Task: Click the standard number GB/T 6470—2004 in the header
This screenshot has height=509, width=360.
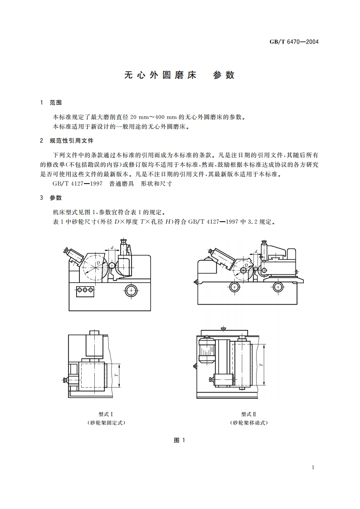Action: click(294, 42)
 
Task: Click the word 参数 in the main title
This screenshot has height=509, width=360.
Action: click(224, 75)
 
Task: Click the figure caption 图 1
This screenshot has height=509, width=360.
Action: click(180, 440)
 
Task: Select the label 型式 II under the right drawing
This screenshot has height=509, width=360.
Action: click(249, 414)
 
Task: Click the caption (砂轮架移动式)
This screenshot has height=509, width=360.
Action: click(249, 423)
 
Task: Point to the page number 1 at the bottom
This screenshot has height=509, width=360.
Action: click(313, 467)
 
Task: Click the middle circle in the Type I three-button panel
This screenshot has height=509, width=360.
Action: click(85, 290)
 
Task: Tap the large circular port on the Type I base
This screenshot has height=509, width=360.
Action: click(131, 290)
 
